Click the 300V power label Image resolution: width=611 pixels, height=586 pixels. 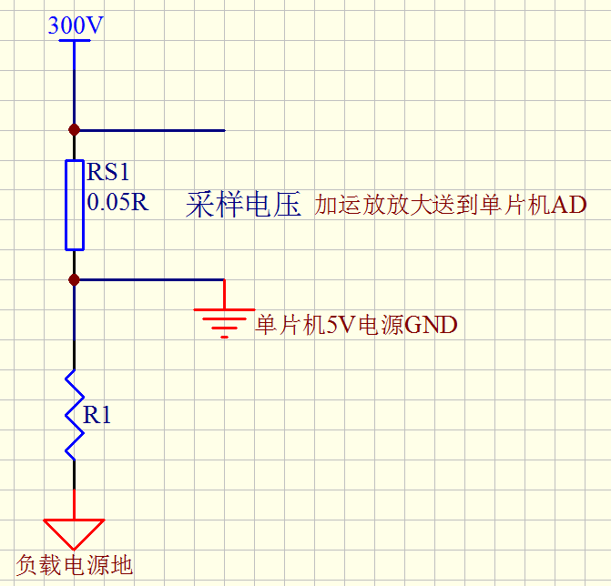coord(75,25)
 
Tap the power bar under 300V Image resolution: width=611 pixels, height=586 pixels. coord(75,40)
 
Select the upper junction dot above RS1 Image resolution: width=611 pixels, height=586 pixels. coord(75,130)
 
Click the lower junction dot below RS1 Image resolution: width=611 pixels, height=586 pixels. coord(75,279)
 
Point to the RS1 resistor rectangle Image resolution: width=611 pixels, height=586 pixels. coord(75,205)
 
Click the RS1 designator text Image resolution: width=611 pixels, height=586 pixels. coord(109,173)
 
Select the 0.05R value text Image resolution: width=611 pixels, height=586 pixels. coord(117,202)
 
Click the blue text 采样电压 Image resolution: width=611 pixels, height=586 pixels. coord(243,205)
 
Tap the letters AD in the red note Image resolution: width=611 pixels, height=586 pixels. coord(569,206)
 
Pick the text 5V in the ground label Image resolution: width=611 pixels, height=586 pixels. coord(341,325)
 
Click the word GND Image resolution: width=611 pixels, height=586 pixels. coord(430,325)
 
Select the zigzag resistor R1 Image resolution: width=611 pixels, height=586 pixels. coord(75,414)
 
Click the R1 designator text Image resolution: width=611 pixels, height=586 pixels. coord(97,416)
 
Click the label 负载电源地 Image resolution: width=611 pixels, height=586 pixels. coord(75,565)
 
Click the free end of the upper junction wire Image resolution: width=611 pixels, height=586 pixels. coord(223,130)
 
